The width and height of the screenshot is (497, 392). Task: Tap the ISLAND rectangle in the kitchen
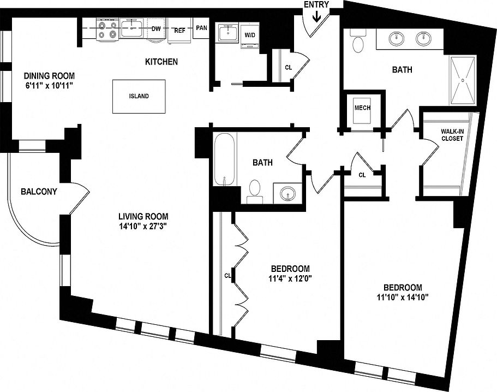[139, 96]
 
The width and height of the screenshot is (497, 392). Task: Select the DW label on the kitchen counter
[156, 29]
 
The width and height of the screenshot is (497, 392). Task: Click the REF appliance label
[179, 30]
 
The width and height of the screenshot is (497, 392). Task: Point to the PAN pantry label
[201, 28]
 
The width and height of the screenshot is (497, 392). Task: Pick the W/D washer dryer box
[250, 35]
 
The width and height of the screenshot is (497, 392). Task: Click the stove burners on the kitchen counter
[107, 29]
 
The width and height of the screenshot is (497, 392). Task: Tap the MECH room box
[362, 108]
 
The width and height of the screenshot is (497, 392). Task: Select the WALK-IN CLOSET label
[452, 134]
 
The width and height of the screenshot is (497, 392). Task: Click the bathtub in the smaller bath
[224, 160]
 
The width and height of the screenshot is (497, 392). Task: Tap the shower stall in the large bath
[463, 80]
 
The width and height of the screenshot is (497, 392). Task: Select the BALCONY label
[39, 192]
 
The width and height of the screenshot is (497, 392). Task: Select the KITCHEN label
[161, 62]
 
